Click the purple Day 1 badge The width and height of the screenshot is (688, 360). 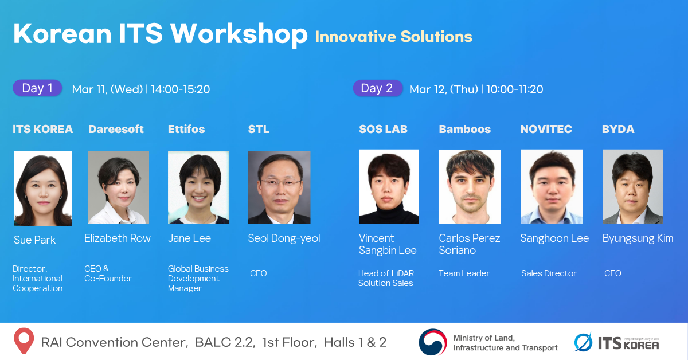pos(37,88)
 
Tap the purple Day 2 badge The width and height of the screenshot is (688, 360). pos(377,88)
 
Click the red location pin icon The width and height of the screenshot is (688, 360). pos(24,341)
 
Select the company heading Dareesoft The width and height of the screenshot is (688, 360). pos(116,129)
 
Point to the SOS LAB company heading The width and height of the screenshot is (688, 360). pos(383,129)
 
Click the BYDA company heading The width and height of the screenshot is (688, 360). pos(618,129)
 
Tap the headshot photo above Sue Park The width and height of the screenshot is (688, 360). pos(42,188)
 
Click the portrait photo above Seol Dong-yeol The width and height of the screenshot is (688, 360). pos(279,187)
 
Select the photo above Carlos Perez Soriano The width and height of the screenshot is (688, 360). pos(470,187)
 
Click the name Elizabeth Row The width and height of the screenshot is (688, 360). pos(118,238)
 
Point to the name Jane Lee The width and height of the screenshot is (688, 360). pos(190,238)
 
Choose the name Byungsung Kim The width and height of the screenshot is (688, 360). pos(638,238)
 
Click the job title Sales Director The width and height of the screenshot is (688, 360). pos(549,273)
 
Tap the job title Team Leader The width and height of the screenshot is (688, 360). pos(464,273)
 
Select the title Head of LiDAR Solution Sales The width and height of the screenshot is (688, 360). pos(386,278)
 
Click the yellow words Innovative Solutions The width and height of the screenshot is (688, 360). pos(393,37)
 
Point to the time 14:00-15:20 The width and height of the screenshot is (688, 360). pos(180,89)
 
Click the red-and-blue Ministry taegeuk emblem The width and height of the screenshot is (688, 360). pos(433,342)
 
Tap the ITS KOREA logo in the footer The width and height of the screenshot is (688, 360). pos(616,342)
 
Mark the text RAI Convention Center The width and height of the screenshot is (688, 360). pos(115,342)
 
